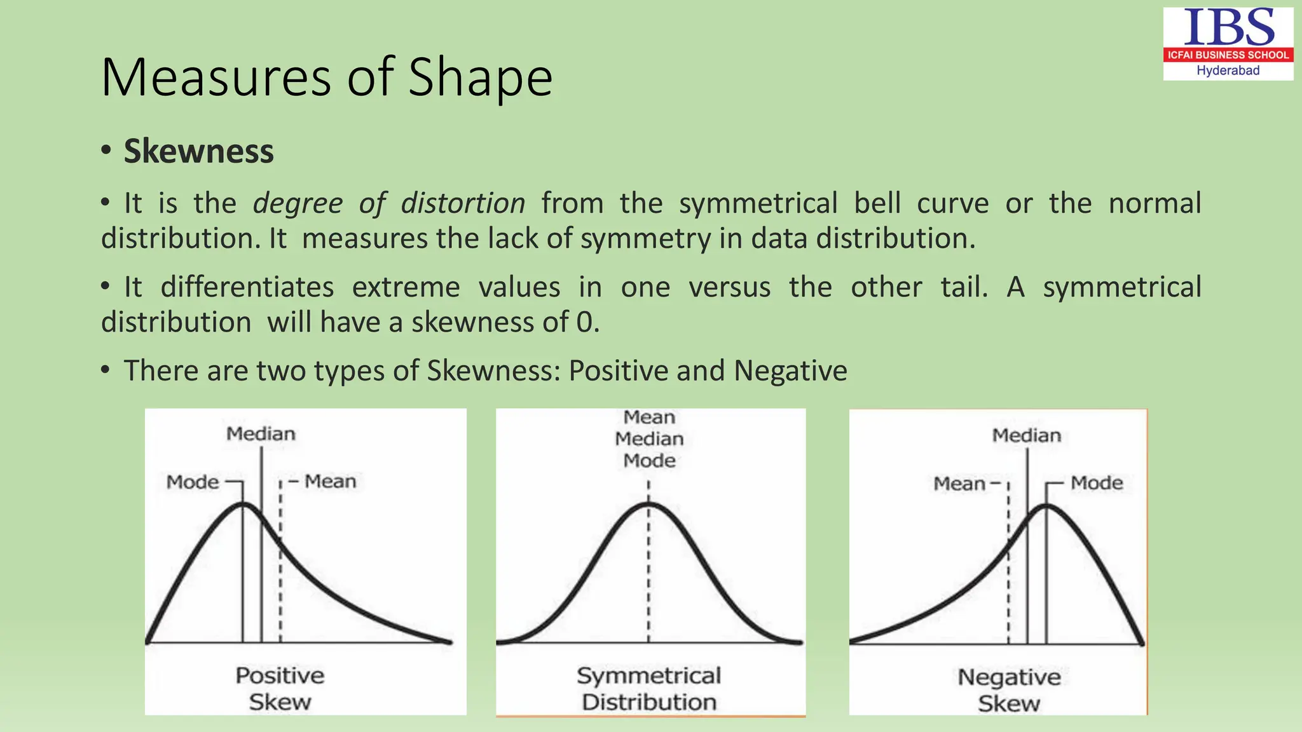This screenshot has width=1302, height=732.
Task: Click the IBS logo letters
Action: (x=1228, y=27)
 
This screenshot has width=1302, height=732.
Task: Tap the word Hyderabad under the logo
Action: (x=1228, y=71)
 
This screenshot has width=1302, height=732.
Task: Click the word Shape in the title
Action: (x=480, y=78)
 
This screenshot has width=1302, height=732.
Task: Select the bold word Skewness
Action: (x=198, y=151)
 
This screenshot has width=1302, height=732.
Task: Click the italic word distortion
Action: (x=463, y=203)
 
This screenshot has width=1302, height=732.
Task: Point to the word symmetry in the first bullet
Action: (x=645, y=238)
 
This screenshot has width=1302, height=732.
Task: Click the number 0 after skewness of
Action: (x=584, y=322)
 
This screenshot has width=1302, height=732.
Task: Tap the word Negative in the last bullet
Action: (x=790, y=370)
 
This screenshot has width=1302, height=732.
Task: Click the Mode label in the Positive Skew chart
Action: (x=193, y=482)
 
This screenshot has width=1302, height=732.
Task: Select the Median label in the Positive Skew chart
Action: (x=261, y=434)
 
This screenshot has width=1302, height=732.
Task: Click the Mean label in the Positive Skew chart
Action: (x=330, y=482)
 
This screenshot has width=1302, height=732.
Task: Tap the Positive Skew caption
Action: (x=280, y=688)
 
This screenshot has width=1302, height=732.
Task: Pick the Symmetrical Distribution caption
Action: (x=649, y=688)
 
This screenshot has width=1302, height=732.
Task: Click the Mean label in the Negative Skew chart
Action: (x=959, y=484)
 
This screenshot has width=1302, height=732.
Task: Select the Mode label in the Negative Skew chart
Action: (x=1097, y=483)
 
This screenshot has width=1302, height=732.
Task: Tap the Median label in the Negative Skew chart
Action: (x=1027, y=435)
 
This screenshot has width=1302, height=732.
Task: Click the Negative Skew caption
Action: (x=1009, y=690)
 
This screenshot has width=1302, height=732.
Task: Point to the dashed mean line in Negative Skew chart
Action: (x=1008, y=572)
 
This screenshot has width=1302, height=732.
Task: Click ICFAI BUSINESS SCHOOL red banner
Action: (x=1228, y=55)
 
